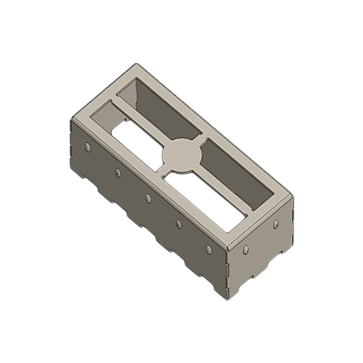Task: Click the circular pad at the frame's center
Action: coord(181,155)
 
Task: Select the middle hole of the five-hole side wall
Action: coord(148,197)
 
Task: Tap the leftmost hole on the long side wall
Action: coord(87,146)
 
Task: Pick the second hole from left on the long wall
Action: coord(118,172)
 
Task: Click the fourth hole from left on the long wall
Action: coord(178,223)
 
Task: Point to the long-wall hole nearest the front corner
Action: coord(209,249)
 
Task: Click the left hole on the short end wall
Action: coord(245,249)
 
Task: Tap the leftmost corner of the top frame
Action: coord(71,119)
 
